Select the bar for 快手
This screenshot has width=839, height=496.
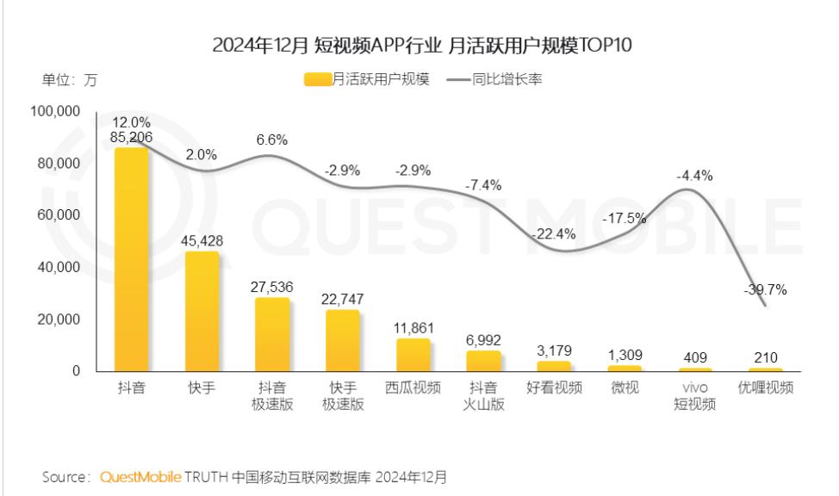click(202, 312)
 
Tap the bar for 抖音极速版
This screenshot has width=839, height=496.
click(272, 335)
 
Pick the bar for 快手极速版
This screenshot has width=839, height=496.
click(342, 341)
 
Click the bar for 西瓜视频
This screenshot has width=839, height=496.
click(413, 355)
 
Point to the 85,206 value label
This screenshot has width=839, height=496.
click(133, 136)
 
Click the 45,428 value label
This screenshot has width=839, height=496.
click(202, 241)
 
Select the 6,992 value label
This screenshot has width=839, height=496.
click(482, 340)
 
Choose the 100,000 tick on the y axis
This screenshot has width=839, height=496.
click(56, 112)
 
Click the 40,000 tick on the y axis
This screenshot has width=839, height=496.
click(59, 268)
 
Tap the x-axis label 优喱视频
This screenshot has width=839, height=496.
click(764, 388)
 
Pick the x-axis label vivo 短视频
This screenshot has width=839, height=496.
click(693, 396)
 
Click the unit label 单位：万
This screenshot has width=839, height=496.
click(70, 80)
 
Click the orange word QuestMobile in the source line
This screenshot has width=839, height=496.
click(140, 476)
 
